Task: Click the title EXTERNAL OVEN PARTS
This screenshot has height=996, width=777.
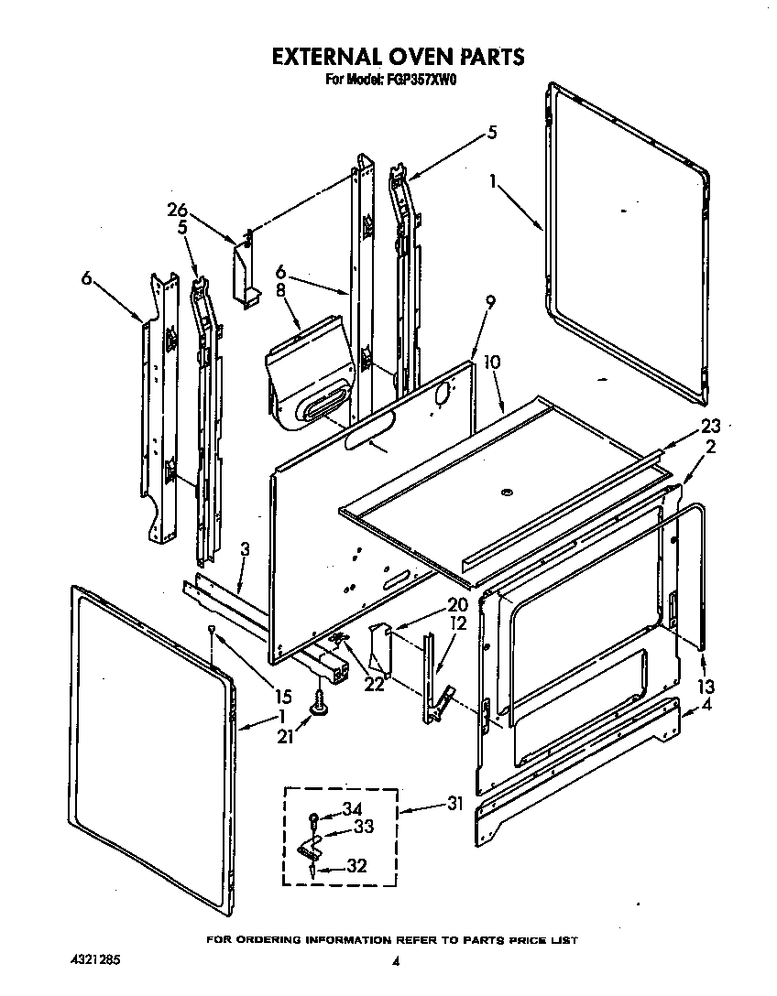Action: (x=398, y=57)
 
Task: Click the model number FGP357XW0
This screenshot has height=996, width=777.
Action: (x=418, y=81)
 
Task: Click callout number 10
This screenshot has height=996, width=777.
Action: (x=492, y=363)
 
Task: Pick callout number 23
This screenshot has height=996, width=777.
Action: (x=710, y=425)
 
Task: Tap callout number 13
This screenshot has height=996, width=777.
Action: (x=705, y=687)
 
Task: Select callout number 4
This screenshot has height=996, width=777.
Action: (x=705, y=706)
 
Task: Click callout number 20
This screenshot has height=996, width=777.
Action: (x=457, y=605)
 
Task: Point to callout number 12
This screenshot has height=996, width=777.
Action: (x=457, y=623)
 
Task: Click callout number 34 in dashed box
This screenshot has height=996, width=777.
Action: (x=353, y=807)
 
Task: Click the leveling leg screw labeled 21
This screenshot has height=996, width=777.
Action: (x=320, y=705)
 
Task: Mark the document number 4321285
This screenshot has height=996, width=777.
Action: (x=95, y=962)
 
